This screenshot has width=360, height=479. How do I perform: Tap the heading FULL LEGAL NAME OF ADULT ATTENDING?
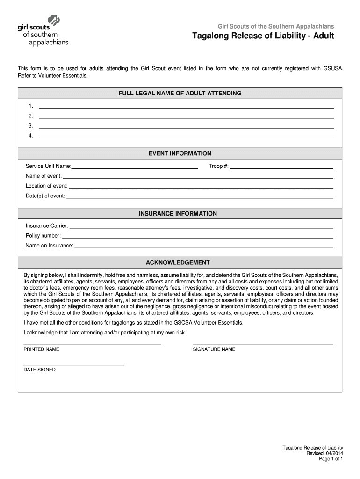(x=180, y=94)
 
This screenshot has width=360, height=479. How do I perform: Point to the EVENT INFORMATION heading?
(x=180, y=153)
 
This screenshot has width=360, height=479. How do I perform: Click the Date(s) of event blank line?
(x=200, y=197)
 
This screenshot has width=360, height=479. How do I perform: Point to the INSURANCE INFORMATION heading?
(x=178, y=214)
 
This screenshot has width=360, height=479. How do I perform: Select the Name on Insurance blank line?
(x=203, y=247)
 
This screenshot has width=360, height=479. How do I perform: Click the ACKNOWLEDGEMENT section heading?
(x=178, y=263)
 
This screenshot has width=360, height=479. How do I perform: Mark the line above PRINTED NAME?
(x=92, y=344)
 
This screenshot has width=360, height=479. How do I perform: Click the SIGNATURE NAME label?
(x=214, y=349)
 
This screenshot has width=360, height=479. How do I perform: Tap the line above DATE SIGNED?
(x=73, y=364)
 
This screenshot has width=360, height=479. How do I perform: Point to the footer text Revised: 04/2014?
(x=324, y=454)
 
